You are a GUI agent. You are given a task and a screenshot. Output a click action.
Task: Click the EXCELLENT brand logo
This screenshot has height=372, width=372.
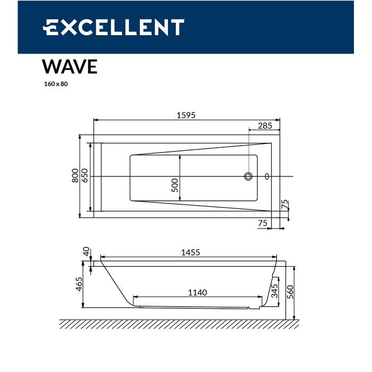[x=113, y=27]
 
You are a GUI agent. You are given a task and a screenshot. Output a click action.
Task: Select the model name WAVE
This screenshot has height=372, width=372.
[x=70, y=67]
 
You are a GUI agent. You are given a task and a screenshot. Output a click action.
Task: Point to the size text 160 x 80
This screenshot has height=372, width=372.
[x=56, y=84]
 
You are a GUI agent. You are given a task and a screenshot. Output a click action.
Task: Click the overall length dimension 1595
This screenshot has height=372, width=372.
[x=186, y=116]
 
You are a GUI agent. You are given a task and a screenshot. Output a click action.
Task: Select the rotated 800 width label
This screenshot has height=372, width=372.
[x=75, y=176]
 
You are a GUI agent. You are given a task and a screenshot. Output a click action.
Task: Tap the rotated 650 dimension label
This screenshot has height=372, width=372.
[x=84, y=176]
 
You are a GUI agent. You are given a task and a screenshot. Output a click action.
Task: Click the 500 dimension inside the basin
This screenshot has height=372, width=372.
[x=174, y=185]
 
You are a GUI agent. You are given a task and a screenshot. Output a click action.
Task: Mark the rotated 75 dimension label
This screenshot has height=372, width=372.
[x=284, y=204]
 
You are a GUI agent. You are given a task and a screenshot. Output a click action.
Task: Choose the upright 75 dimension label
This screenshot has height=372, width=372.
[x=262, y=224]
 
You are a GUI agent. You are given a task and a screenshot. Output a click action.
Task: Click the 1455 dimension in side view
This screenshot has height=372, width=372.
[x=190, y=253]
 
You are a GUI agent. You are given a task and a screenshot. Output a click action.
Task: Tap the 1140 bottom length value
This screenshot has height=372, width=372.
[x=197, y=292]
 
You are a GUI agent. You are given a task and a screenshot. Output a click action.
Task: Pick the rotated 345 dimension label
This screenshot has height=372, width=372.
[x=274, y=291]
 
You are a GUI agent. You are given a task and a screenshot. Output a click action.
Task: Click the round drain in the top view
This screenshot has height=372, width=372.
[x=248, y=176]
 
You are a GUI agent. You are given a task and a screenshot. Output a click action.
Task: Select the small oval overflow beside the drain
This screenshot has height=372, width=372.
[x=267, y=176]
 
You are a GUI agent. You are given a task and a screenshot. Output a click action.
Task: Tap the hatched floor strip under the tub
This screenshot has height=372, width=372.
[x=179, y=324]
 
